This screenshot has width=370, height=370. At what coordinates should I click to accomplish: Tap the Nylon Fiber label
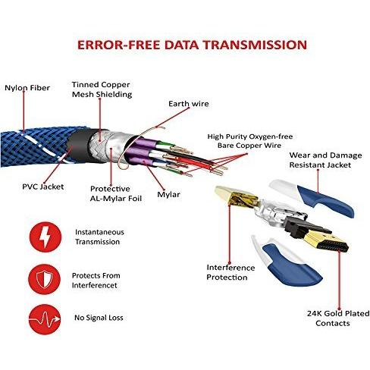[x=27, y=88]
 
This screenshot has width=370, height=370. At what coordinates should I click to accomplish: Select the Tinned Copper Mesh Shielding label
[x=102, y=89]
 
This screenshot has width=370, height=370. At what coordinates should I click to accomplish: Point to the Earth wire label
[x=189, y=104]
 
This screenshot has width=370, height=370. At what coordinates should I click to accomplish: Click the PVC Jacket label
[x=43, y=187]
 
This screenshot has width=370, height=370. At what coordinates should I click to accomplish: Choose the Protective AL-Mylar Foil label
[x=116, y=193]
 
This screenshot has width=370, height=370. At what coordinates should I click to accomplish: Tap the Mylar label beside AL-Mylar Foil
[x=168, y=194]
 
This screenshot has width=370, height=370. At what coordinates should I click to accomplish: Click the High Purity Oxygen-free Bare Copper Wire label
[x=250, y=141]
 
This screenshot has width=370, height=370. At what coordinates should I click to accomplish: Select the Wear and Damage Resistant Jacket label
[x=325, y=160]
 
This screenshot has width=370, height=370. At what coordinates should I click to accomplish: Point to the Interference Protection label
[x=230, y=272]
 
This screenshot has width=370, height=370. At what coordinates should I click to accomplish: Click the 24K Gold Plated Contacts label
[x=338, y=318]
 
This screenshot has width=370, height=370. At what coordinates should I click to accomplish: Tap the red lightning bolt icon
[x=45, y=237]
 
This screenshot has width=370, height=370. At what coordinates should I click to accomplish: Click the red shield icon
[x=45, y=280]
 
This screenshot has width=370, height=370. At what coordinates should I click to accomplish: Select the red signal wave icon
[x=45, y=319]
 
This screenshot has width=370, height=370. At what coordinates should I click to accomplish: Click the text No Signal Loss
[x=99, y=318]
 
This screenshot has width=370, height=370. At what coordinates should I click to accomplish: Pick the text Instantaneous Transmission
[x=99, y=237]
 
